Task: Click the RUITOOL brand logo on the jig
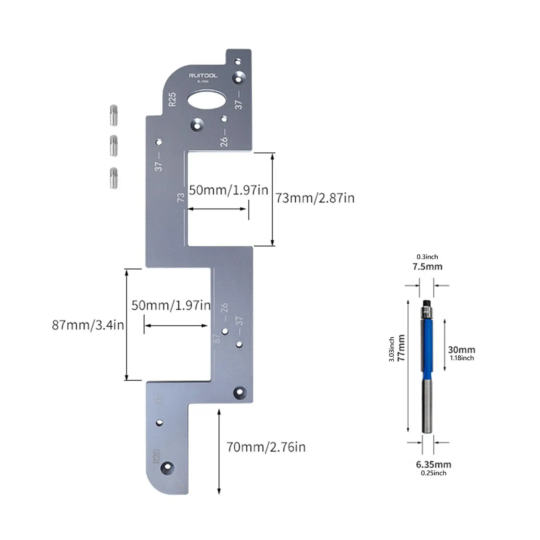[203, 75]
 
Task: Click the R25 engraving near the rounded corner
[172, 99]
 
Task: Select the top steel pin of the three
[114, 115]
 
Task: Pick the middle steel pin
[114, 146]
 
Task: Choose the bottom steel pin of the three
[114, 178]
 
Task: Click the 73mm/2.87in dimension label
[315, 198]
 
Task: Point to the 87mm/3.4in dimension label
[88, 325]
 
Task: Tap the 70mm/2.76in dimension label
[266, 447]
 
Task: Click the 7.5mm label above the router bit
[427, 267]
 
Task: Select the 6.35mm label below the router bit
[433, 464]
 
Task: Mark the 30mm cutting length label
[461, 350]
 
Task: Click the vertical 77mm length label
[401, 348]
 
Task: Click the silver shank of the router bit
[427, 405]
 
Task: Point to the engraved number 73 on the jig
[181, 197]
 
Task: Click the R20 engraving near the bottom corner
[156, 456]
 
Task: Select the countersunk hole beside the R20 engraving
[167, 467]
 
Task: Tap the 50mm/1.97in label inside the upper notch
[228, 190]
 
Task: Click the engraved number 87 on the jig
[217, 339]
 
